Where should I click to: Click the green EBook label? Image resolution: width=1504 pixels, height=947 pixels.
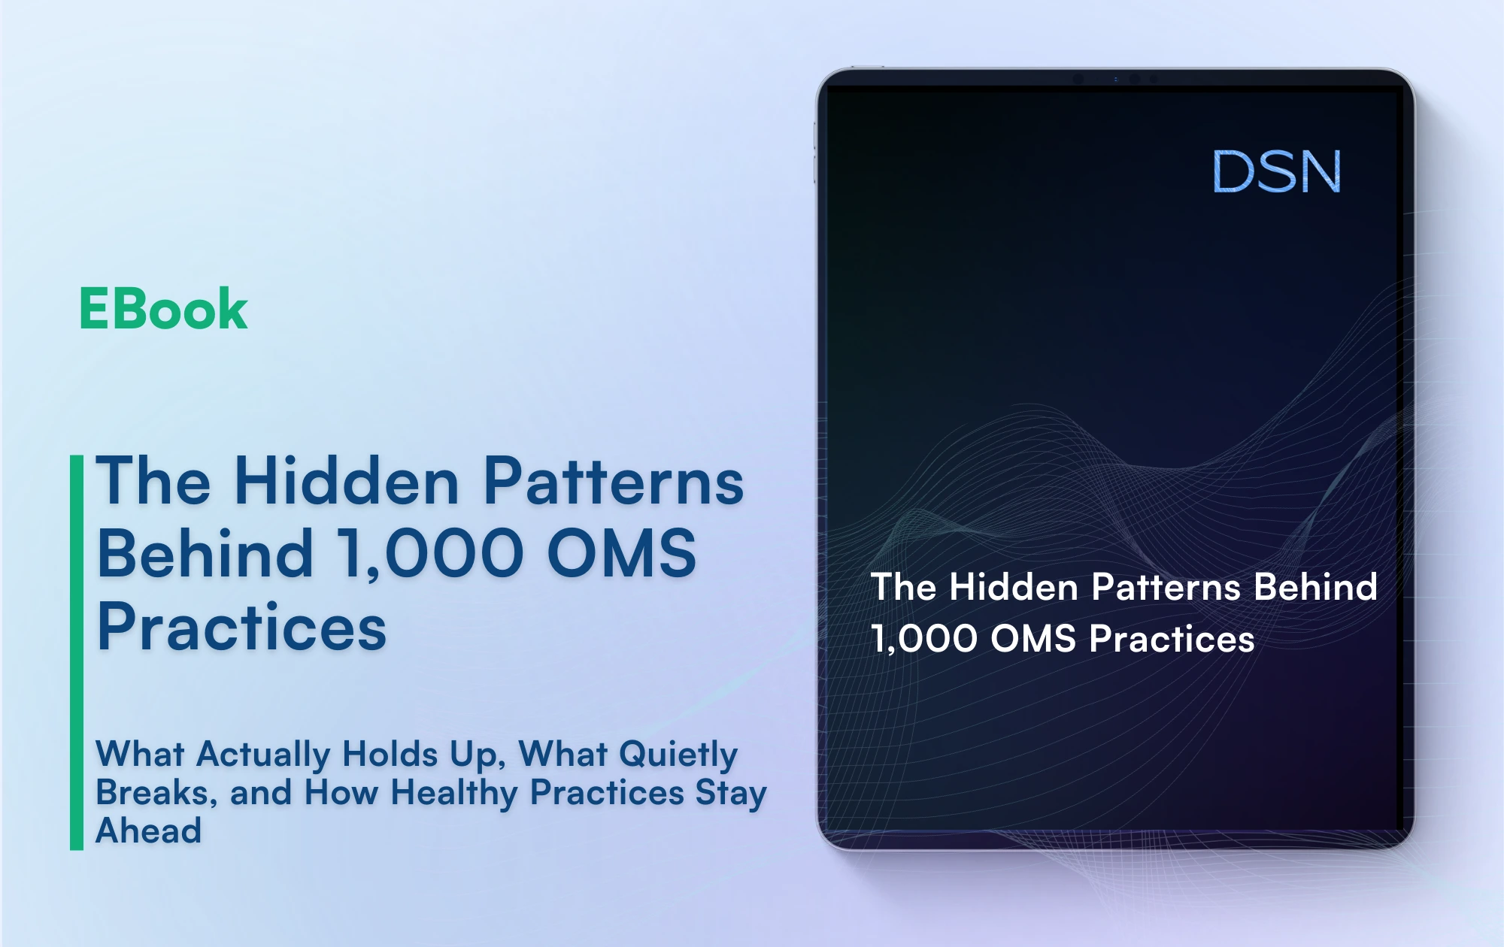[x=163, y=309]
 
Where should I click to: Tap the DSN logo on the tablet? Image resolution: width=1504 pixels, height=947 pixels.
[x=1276, y=171]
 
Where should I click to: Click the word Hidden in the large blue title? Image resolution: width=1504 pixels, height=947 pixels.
[x=347, y=481]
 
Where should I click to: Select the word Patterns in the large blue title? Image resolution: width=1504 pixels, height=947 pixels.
[x=613, y=481]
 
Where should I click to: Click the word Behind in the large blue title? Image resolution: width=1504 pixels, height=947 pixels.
[x=205, y=554]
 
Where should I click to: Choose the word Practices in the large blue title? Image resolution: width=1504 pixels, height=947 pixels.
[x=241, y=628]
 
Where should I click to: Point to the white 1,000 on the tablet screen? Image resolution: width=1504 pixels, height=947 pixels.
[x=924, y=639]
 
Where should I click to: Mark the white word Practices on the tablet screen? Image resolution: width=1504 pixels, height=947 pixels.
[x=1172, y=639]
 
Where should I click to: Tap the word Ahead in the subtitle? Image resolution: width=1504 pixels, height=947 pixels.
[x=149, y=831]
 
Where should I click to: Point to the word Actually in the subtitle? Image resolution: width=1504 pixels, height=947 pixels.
[x=262, y=755]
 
